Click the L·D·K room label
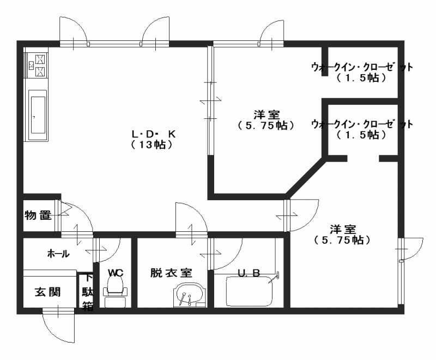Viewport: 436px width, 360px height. (x=154, y=134)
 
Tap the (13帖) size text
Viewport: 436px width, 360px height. (x=152, y=145)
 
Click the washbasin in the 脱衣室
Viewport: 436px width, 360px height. (x=190, y=295)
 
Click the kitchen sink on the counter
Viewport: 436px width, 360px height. (x=38, y=115)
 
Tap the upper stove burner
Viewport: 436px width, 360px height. (x=40, y=59)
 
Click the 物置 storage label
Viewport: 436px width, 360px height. (x=38, y=215)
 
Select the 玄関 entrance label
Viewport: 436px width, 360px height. (x=47, y=292)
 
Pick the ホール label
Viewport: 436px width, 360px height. (x=58, y=254)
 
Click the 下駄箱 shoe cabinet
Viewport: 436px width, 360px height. (x=87, y=292)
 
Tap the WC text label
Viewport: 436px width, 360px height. (x=116, y=273)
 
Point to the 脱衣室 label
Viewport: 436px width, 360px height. (x=171, y=273)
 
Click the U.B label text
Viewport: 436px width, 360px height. (x=249, y=273)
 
